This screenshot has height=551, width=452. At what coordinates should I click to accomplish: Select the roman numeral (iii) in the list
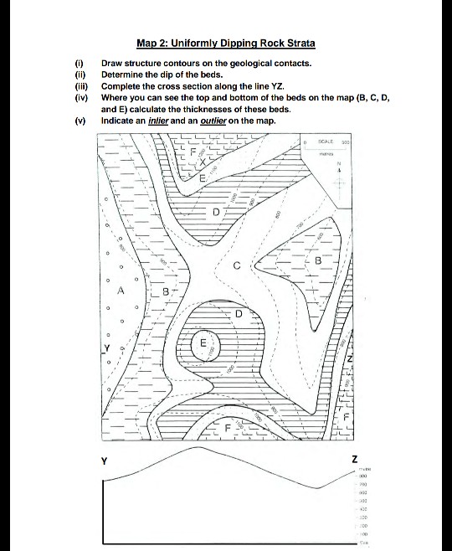(x=80, y=86)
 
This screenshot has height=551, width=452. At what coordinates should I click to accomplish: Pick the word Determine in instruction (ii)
(x=127, y=75)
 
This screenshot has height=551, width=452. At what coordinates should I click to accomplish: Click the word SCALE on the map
(x=329, y=143)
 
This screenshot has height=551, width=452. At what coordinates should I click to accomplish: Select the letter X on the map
(x=201, y=162)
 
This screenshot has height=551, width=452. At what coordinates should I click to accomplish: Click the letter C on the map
(x=238, y=267)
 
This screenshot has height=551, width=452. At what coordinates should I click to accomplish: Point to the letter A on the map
(x=121, y=291)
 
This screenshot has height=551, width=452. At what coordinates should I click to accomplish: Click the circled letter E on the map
(x=203, y=343)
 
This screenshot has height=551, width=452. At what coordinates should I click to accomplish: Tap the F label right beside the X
(x=190, y=153)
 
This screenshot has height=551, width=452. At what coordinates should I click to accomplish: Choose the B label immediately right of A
(x=166, y=292)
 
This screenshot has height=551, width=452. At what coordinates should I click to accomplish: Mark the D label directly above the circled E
(x=238, y=314)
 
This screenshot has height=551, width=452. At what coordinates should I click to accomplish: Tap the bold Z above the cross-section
(x=354, y=459)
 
